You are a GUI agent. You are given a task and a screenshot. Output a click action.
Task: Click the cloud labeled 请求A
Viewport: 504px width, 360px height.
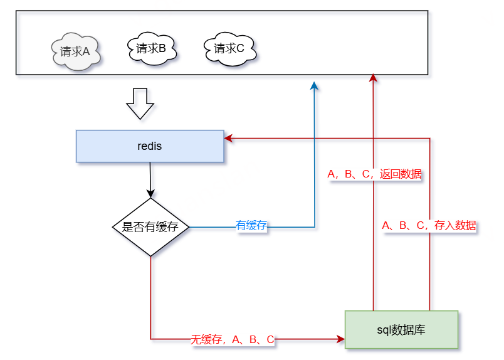point(76,51)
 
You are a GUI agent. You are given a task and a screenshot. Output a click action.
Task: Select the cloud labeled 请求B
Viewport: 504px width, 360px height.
point(151,48)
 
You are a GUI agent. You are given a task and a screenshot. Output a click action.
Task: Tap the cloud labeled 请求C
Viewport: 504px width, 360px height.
point(229,48)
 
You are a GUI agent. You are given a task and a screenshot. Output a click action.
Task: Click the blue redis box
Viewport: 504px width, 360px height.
point(150,146)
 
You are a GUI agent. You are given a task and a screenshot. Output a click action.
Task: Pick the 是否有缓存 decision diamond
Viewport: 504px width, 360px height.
point(150,227)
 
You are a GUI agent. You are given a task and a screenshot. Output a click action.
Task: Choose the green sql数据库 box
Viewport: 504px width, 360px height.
point(401,329)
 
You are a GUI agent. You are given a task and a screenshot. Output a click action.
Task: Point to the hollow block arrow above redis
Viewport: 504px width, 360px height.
point(140,103)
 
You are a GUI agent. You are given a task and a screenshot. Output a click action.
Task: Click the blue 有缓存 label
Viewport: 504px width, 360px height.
point(251,226)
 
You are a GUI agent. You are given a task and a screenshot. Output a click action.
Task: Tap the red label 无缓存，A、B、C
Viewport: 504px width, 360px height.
point(233,340)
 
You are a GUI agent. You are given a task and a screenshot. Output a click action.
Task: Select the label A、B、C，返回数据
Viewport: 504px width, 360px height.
point(374,174)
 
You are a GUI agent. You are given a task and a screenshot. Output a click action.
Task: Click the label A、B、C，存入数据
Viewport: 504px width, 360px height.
point(429,225)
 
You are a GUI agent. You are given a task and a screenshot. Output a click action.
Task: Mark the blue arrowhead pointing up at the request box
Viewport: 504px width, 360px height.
point(315,85)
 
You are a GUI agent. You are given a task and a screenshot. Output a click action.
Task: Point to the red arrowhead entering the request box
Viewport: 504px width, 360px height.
point(374,78)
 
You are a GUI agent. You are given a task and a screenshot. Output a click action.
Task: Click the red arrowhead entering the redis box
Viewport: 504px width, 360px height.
point(229,138)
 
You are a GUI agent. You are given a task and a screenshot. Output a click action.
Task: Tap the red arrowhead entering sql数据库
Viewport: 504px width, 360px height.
point(340,339)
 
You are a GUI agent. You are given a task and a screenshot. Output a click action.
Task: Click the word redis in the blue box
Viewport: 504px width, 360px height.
point(150,146)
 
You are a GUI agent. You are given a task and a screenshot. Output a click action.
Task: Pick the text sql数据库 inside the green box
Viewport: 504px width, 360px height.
point(401,329)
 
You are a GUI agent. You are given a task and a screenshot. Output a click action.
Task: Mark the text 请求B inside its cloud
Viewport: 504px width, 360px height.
point(151,48)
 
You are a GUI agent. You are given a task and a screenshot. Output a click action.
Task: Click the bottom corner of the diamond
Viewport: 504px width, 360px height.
point(150,256)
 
